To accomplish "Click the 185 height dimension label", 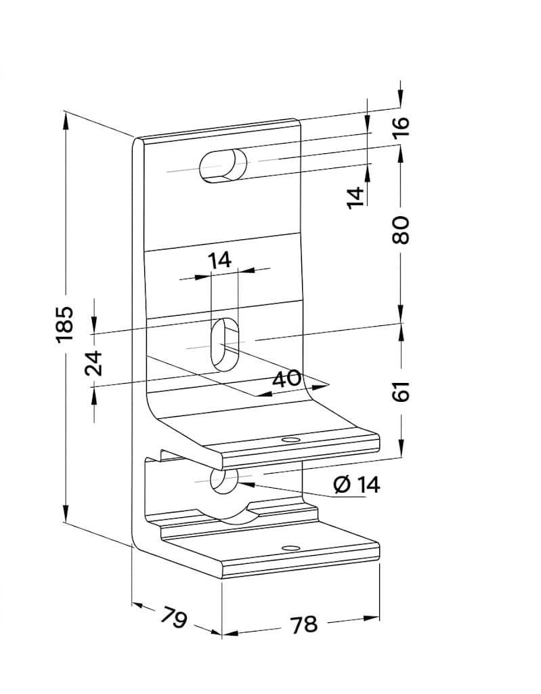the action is (x=64, y=323).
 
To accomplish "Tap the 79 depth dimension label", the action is (x=173, y=617).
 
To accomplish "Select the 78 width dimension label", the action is (x=304, y=624).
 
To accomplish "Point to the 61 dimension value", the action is (x=402, y=391).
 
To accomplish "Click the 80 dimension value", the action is (x=402, y=230).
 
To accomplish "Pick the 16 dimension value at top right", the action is (x=402, y=127).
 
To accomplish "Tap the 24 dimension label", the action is (x=94, y=363).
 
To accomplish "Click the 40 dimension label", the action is (x=286, y=379).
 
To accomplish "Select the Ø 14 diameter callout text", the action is (x=357, y=485).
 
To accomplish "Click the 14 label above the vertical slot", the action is (x=219, y=260).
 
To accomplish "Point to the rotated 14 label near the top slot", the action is (x=355, y=197).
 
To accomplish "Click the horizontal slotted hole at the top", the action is (x=223, y=165).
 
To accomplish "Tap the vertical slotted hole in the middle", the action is (x=225, y=344).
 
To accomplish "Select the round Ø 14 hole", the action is (x=224, y=483).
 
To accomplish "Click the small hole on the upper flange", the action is (x=290, y=440).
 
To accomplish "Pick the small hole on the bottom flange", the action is (x=290, y=548).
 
